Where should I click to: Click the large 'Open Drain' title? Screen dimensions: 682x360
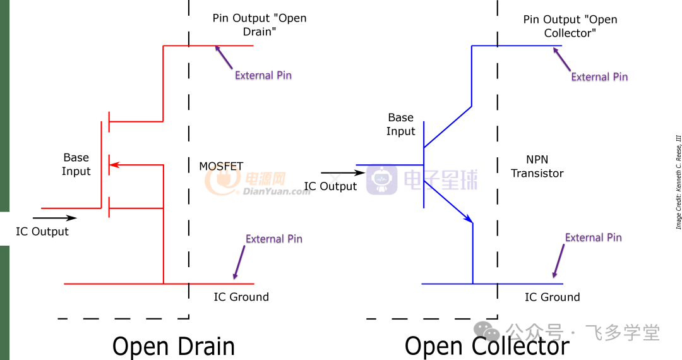click(x=174, y=347)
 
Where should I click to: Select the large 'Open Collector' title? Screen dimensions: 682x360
click(x=487, y=347)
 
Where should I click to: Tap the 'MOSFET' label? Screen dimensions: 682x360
click(x=221, y=166)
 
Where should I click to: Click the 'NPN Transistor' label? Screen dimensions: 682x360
click(x=537, y=167)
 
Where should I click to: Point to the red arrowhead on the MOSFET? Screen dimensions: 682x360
click(x=114, y=165)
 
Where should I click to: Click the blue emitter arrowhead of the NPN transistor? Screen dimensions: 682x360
click(x=469, y=219)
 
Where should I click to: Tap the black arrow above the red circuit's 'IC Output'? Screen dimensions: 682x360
click(x=55, y=218)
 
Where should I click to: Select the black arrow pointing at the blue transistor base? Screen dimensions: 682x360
click(x=343, y=172)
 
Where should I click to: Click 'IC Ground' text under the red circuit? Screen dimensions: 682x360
click(x=241, y=297)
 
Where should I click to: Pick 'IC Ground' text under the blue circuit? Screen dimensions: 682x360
click(x=553, y=297)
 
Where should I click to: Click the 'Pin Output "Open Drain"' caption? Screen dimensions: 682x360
click(x=260, y=25)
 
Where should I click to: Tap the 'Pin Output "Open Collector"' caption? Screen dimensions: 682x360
click(x=570, y=26)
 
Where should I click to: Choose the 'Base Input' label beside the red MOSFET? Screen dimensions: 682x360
click(x=76, y=164)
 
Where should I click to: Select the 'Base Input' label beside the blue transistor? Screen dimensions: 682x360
click(x=400, y=124)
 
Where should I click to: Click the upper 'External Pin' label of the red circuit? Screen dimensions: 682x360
click(x=263, y=75)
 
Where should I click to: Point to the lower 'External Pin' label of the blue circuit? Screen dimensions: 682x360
click(x=593, y=237)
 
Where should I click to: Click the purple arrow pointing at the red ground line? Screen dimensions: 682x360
click(x=239, y=262)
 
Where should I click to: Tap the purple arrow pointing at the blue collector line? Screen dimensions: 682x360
click(x=561, y=59)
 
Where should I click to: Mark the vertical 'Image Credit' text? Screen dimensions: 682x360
click(x=678, y=182)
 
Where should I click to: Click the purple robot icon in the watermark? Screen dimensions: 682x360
click(x=381, y=180)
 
